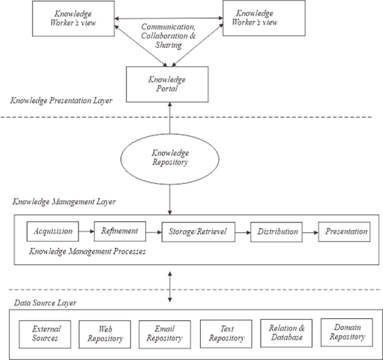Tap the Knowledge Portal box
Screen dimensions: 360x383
point(167,84)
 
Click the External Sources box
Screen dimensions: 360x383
point(43,334)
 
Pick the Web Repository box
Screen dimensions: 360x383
point(105,334)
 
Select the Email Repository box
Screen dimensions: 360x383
point(164,334)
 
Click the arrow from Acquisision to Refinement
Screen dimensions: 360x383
point(84,231)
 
